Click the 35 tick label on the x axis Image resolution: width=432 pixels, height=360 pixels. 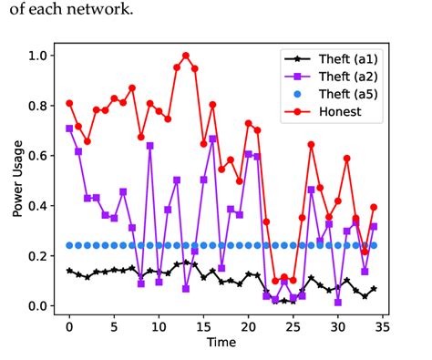(x=382, y=324)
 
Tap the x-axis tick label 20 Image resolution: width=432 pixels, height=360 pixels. (x=248, y=324)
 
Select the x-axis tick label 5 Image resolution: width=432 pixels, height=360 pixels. (x=114, y=324)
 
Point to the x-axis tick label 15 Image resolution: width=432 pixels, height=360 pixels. (x=203, y=324)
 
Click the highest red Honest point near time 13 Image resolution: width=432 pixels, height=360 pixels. (x=186, y=56)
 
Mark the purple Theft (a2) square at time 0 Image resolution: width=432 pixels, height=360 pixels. (x=69, y=129)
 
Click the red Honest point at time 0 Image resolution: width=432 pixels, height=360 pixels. (x=69, y=103)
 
